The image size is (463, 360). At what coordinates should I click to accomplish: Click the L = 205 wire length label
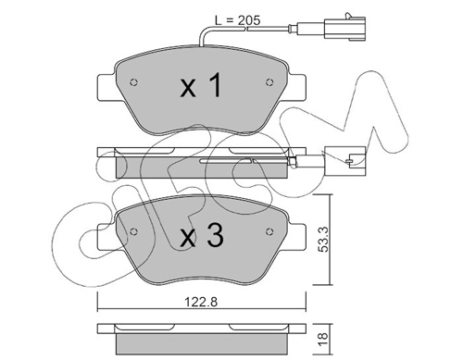coord(238,20)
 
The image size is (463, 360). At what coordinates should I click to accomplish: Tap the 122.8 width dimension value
coord(201,302)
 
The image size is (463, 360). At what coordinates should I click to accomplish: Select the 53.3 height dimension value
coord(324,240)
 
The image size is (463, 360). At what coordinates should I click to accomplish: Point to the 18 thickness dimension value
coord(323,340)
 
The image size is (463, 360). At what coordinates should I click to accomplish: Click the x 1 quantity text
coord(201,85)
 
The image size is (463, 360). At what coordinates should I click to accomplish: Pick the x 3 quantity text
coord(202,235)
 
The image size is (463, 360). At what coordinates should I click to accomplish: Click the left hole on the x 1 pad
coord(133,82)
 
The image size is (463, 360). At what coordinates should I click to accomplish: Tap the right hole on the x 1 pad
coord(269,82)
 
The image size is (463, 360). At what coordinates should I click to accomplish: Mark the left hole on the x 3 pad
coord(133,232)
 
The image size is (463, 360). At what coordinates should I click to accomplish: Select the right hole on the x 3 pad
coord(269,231)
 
